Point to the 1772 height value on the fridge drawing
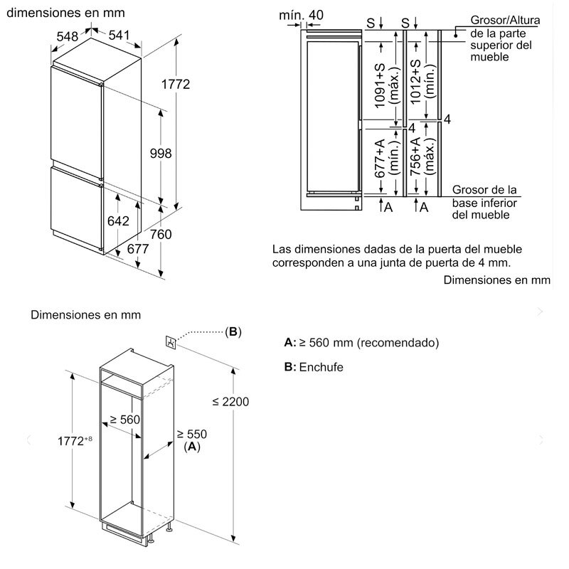click(x=175, y=85)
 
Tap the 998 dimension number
click(x=161, y=153)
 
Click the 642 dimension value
click(x=118, y=221)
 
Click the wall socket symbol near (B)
click(x=171, y=342)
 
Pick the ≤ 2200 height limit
click(x=230, y=401)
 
